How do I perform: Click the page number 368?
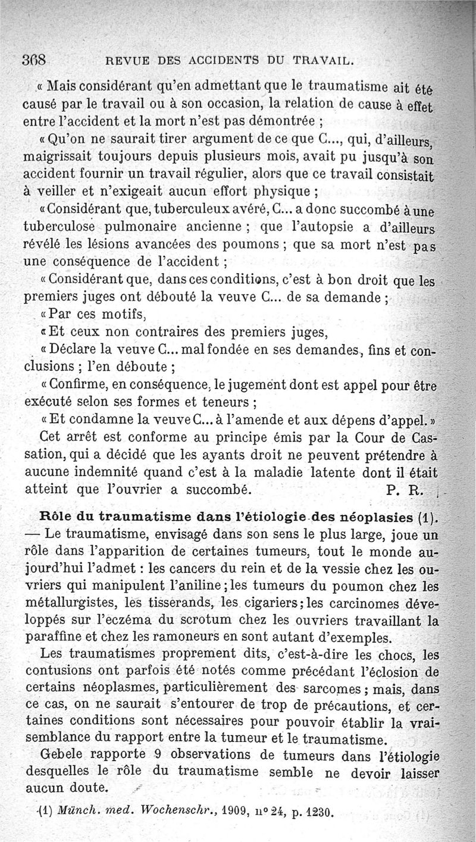coord(35,61)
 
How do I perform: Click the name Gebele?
coord(61,756)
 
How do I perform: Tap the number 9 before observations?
coord(158,756)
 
